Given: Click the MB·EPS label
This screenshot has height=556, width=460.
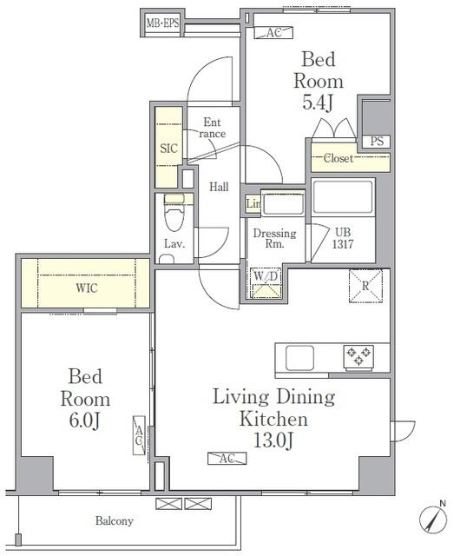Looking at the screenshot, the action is [x=162, y=23].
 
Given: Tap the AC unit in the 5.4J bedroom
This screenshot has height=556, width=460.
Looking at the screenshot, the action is [x=273, y=33].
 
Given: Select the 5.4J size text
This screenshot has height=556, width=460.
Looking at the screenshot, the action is [x=318, y=103].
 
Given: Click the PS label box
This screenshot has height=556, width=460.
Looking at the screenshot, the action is [x=377, y=142].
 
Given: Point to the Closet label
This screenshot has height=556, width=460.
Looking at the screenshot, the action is [x=338, y=158].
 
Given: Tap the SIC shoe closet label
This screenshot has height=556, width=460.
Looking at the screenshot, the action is [x=168, y=149].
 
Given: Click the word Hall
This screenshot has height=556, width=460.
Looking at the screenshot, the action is [x=219, y=187].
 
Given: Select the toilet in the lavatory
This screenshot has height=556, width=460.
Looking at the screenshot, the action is [x=174, y=212].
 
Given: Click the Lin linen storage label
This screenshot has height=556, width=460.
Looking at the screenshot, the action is [x=253, y=204].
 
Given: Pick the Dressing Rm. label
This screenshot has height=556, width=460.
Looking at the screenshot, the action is [x=274, y=238].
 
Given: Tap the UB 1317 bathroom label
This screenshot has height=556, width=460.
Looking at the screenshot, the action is [x=343, y=238].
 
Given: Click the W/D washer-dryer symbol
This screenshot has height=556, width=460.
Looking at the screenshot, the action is [x=266, y=283].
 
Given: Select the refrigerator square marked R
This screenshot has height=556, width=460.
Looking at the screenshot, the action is [x=365, y=286].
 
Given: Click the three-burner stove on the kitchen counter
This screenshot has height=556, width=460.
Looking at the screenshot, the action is [x=358, y=357].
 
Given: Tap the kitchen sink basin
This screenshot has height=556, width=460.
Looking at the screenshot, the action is [x=299, y=358].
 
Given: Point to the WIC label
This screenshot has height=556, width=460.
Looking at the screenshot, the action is [x=86, y=288].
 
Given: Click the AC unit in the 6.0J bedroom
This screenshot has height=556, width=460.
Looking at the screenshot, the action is [x=139, y=435].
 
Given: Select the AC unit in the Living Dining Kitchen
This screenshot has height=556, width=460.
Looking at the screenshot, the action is [x=227, y=458].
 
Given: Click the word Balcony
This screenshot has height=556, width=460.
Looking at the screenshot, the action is [x=114, y=521].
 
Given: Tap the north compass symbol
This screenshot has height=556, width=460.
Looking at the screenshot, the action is [x=433, y=518].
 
